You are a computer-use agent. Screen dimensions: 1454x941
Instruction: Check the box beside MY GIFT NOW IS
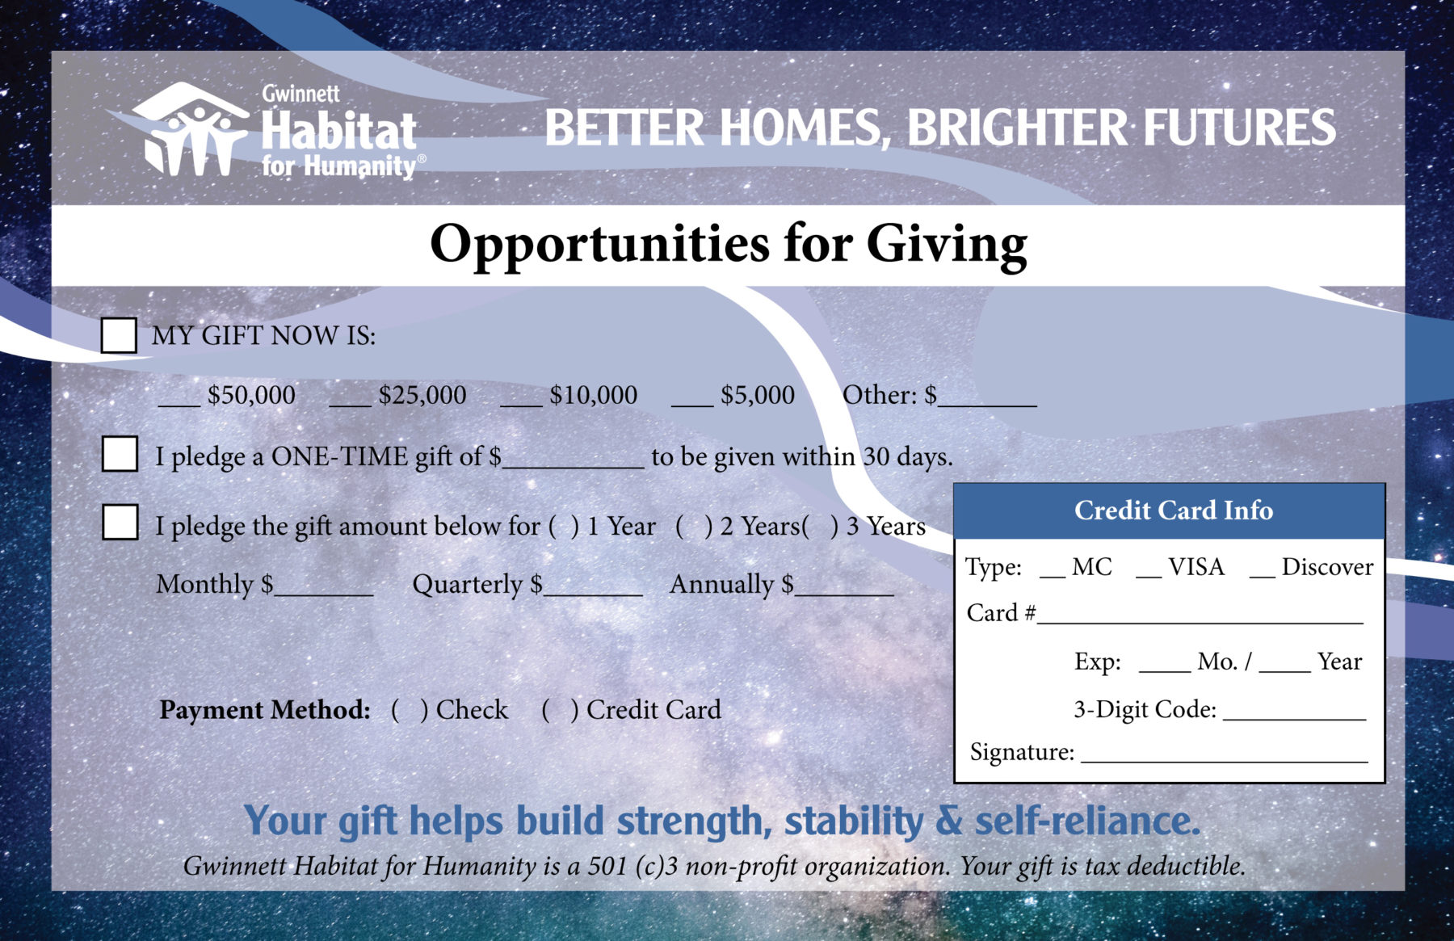click(x=119, y=335)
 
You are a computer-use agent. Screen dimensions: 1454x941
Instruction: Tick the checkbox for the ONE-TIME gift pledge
click(x=120, y=454)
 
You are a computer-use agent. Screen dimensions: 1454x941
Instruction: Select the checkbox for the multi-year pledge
click(x=120, y=522)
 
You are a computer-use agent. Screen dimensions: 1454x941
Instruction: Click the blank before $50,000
click(x=179, y=405)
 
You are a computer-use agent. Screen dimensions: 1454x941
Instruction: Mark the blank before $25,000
click(x=350, y=405)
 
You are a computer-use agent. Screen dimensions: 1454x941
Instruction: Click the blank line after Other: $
click(x=987, y=405)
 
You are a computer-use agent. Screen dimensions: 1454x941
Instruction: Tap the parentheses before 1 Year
click(x=564, y=527)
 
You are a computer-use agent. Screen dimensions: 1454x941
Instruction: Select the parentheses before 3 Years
click(x=820, y=527)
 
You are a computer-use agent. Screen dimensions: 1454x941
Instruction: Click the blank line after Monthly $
click(x=324, y=594)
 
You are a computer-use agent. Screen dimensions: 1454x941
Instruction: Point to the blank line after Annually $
click(x=844, y=594)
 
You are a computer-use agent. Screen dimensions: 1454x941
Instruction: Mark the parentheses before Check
click(x=410, y=710)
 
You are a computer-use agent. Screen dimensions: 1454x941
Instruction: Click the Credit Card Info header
click(x=1170, y=511)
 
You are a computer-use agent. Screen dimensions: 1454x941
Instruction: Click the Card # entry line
click(x=1200, y=623)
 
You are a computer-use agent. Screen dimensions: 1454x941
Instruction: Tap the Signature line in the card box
click(x=1225, y=762)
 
